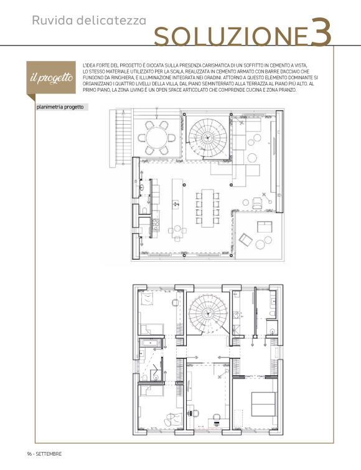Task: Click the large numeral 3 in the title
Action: [x=321, y=32]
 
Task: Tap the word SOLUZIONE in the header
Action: [x=231, y=37]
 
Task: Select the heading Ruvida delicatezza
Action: [x=89, y=21]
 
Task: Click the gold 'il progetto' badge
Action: [x=51, y=78]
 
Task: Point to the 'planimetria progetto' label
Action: [x=60, y=107]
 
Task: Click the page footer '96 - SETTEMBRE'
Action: [x=44, y=454]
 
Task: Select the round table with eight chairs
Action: [x=157, y=138]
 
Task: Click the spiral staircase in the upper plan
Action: [x=207, y=138]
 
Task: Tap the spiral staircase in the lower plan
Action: [x=207, y=314]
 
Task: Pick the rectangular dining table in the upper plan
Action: [x=207, y=208]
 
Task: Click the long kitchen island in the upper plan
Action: [x=177, y=207]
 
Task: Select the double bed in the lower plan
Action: [x=263, y=404]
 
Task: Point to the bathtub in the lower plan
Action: [x=151, y=343]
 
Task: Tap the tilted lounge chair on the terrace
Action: [x=245, y=240]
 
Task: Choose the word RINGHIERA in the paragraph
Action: [x=118, y=78]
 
